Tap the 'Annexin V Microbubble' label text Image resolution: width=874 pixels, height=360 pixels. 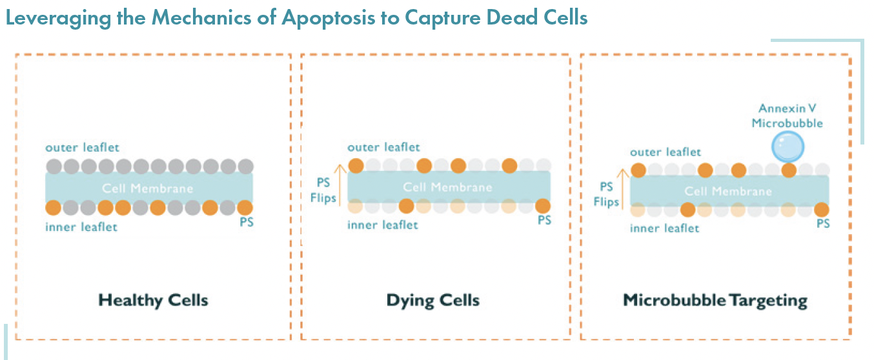click(787, 115)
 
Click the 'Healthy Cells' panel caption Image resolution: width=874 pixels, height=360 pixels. click(153, 300)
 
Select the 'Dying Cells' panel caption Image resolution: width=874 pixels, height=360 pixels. click(432, 300)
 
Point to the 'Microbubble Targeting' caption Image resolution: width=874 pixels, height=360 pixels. click(715, 300)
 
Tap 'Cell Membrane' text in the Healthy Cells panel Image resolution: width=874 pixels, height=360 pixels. click(148, 188)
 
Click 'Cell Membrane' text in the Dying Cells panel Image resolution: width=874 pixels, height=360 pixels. click(447, 188)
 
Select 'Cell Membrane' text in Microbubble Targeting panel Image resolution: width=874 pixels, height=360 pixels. click(727, 192)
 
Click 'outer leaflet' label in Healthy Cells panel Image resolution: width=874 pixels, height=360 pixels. click(82, 148)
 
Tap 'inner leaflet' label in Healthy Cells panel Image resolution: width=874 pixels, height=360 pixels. click(81, 227)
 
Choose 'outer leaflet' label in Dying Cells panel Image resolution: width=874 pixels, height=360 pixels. click(383, 148)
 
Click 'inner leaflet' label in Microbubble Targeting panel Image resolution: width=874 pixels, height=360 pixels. click(664, 228)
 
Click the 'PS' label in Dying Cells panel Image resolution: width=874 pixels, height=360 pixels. click(544, 221)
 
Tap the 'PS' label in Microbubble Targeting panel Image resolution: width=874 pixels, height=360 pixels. click(823, 223)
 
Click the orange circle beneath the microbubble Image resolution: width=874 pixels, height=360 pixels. click(788, 171)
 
